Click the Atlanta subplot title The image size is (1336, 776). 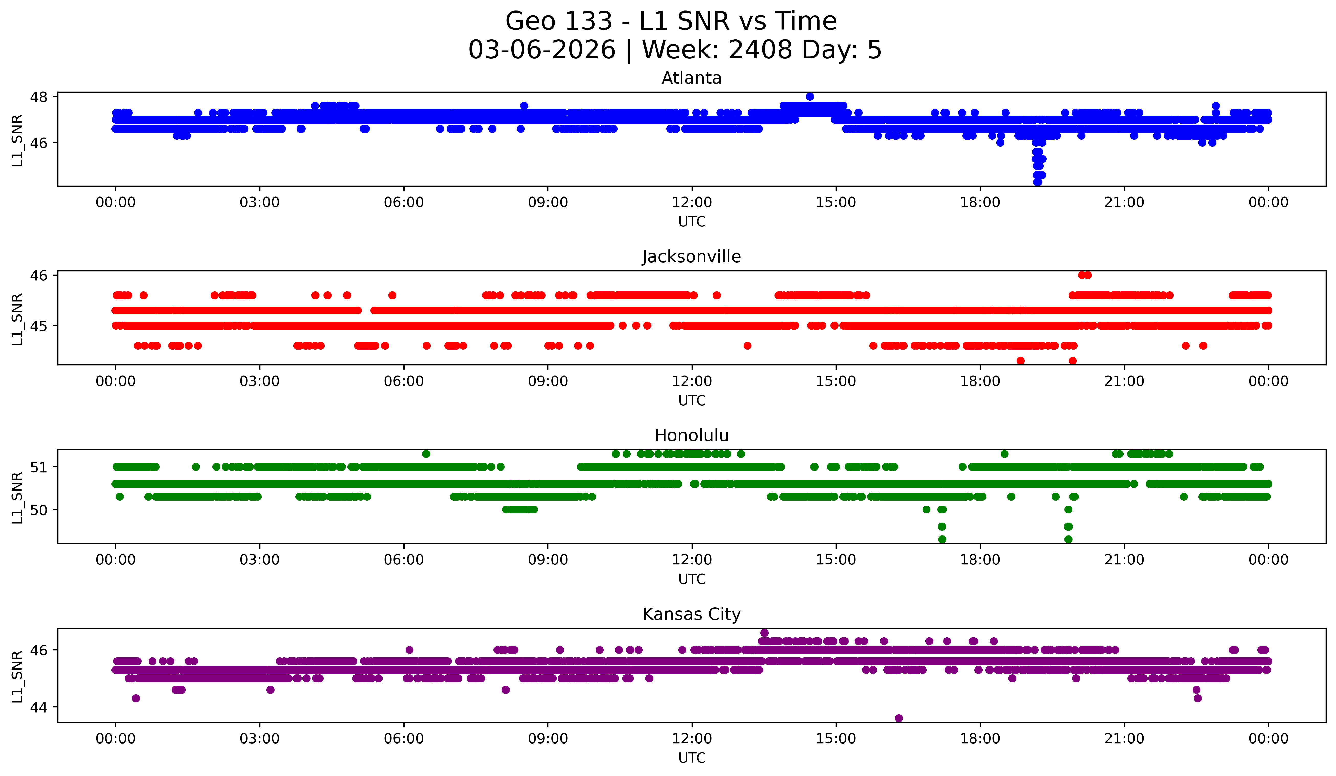point(691,78)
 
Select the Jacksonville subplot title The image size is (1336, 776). point(691,257)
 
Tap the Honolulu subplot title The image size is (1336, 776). point(691,435)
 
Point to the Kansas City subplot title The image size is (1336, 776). point(691,614)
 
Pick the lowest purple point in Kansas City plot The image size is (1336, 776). point(899,718)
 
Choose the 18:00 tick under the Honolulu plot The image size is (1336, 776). point(980,560)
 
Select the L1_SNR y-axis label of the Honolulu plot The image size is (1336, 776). point(17,498)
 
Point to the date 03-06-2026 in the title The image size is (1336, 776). point(542,50)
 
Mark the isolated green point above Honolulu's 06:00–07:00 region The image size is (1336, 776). point(426,454)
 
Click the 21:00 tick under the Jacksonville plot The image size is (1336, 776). point(1124,381)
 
